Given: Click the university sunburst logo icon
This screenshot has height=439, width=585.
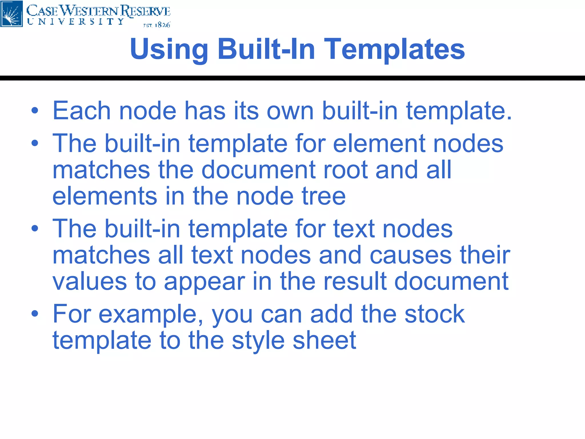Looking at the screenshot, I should (x=11, y=13).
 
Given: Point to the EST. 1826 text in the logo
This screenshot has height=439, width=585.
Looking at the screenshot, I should (x=157, y=25).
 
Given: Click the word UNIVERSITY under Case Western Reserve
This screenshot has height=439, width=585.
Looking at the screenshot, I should (x=76, y=22).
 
